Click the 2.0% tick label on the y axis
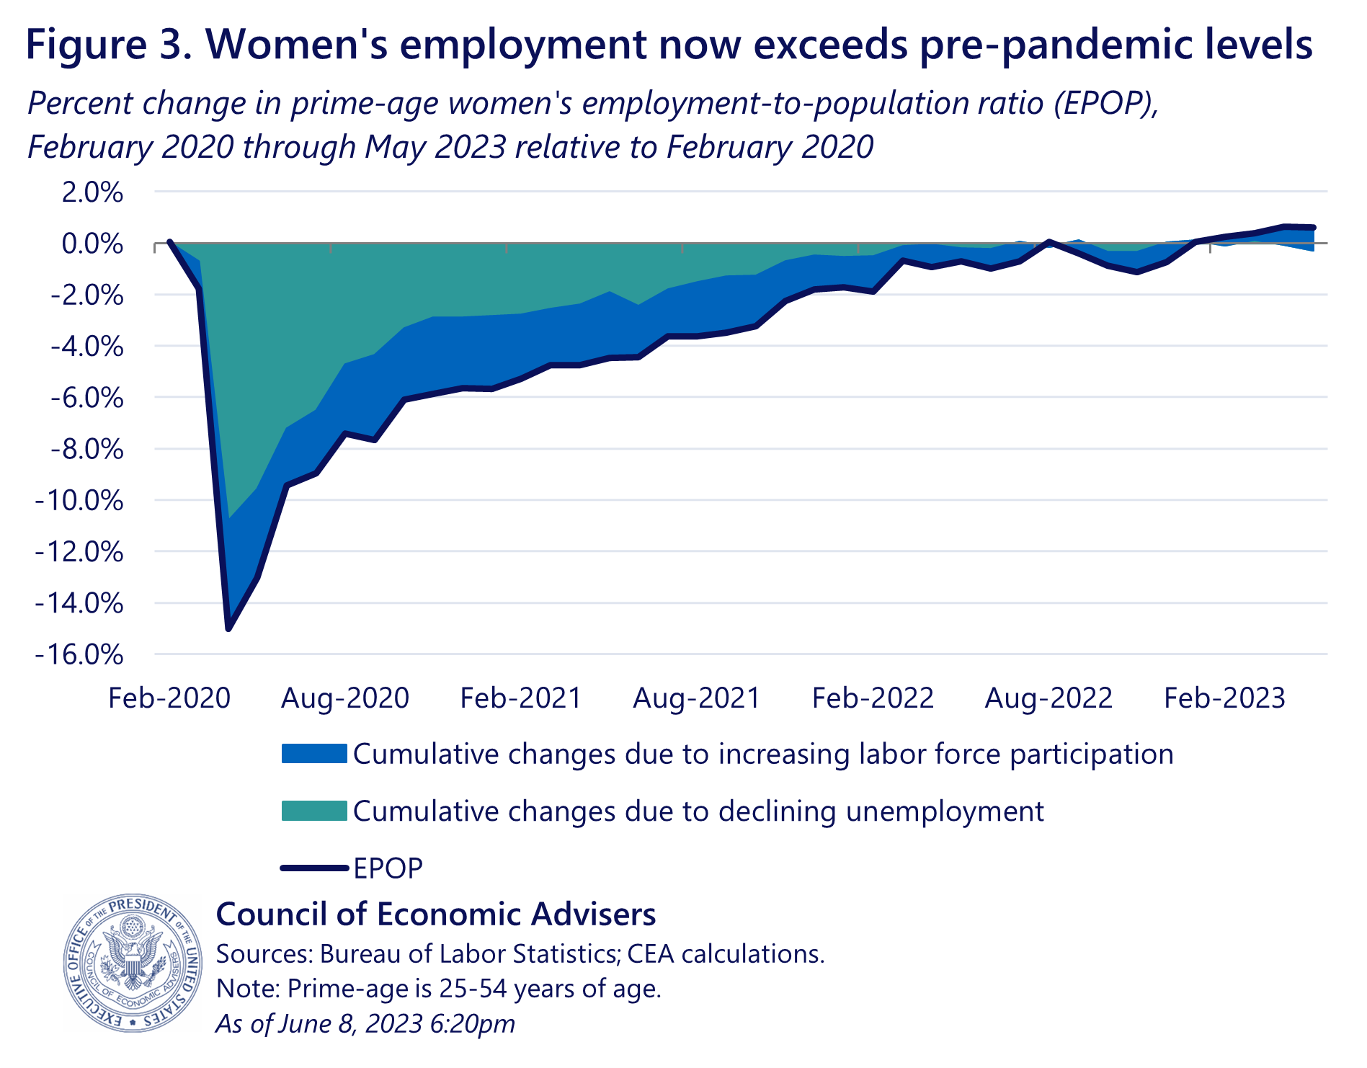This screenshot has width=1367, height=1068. (92, 193)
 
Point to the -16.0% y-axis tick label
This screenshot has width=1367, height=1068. (79, 655)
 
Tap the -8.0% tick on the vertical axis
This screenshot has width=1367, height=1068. (86, 450)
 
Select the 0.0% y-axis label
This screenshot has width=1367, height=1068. (92, 244)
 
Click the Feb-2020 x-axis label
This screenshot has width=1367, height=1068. (169, 698)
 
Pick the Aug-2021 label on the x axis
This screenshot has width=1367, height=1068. (697, 698)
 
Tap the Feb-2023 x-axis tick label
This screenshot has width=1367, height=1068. (1224, 698)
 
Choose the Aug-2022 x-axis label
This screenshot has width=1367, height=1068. (1048, 698)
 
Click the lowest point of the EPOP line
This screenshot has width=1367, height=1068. (228, 628)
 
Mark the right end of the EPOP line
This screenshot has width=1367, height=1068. (1313, 228)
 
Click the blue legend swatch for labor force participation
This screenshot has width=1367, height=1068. (313, 754)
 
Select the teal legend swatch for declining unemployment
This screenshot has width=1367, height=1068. (313, 811)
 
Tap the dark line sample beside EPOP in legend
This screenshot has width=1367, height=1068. (313, 868)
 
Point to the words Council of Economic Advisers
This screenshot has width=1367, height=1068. (436, 914)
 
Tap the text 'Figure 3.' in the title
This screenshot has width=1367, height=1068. (108, 44)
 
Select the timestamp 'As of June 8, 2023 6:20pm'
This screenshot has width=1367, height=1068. (365, 1023)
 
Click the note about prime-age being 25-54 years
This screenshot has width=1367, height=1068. (438, 988)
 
